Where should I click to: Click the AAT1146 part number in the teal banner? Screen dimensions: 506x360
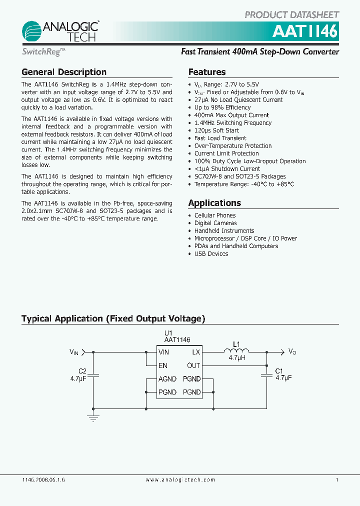coord(305,32)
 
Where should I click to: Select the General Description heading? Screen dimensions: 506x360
coord(64,72)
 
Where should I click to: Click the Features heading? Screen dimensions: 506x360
coord(207,72)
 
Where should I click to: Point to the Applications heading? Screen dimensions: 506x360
coord(214,203)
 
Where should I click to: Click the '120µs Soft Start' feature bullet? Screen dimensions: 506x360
coord(216,130)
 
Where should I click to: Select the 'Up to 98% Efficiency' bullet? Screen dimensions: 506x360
coord(222,107)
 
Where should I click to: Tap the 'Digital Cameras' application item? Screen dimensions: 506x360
coord(215,223)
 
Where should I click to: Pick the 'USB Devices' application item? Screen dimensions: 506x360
coord(211,253)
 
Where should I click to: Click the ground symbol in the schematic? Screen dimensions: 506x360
coord(93,417)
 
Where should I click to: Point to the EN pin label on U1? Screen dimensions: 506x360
coord(163,365)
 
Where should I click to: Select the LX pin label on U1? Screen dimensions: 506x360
coord(196,352)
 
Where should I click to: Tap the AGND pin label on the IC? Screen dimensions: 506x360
coord(167,379)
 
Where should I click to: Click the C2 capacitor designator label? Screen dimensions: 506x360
coord(82,371)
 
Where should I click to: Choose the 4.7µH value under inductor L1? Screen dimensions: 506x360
coord(236,358)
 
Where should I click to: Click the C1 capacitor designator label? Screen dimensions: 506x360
coord(279,371)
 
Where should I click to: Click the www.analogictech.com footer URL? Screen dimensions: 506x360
coord(180,479)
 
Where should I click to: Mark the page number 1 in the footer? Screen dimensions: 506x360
coord(337,479)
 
